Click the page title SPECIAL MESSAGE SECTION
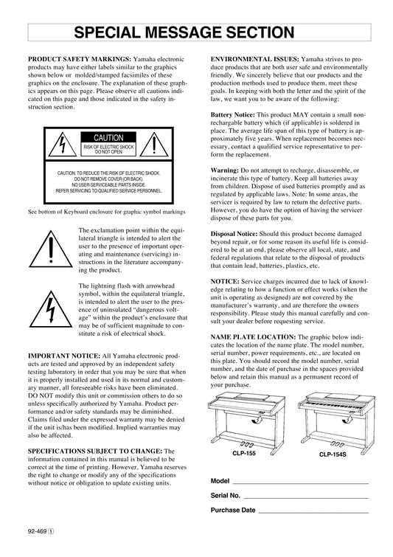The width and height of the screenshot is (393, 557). point(184,32)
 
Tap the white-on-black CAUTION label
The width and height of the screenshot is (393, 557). point(108,138)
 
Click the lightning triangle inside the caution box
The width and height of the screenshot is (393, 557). point(63,144)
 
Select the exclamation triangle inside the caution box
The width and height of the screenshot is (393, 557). point(153,144)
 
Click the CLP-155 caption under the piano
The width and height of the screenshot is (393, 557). point(244,453)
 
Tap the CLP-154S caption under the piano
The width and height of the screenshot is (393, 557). point(333,454)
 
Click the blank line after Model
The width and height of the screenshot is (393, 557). point(300,483)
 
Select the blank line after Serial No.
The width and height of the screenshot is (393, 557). point(306,498)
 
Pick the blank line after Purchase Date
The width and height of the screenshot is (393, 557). point(313,513)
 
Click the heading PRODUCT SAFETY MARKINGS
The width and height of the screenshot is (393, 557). point(80,59)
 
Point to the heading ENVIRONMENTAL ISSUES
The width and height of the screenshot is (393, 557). point(255,59)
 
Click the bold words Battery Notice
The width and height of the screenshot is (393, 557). point(232,115)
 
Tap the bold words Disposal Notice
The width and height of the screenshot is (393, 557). point(234,234)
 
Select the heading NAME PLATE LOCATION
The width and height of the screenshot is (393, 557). point(253,336)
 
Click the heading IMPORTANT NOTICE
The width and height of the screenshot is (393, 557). point(64,356)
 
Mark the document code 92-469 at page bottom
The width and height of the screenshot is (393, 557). point(38,531)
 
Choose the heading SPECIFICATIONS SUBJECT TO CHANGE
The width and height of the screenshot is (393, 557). point(95,452)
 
